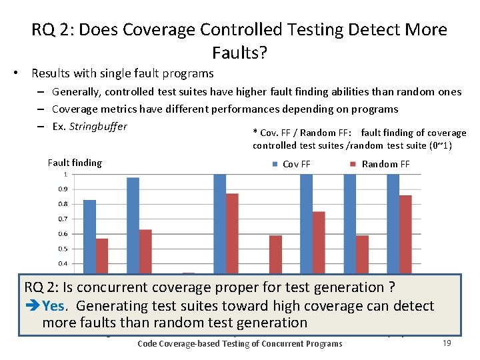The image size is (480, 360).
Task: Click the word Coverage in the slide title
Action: pos(159,30)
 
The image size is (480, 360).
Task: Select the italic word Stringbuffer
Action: pos(98,126)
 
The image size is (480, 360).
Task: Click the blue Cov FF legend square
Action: pos(275,164)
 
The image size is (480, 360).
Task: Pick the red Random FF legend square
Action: pos(354,164)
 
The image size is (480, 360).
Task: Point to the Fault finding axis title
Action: pos(75,163)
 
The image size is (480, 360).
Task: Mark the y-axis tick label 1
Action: pos(65,175)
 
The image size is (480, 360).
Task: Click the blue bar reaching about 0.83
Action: pos(89,233)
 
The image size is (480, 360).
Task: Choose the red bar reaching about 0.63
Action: pos(145,250)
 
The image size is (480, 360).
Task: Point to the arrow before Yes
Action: pos(32,307)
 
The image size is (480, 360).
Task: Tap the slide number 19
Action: pos(447,343)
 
